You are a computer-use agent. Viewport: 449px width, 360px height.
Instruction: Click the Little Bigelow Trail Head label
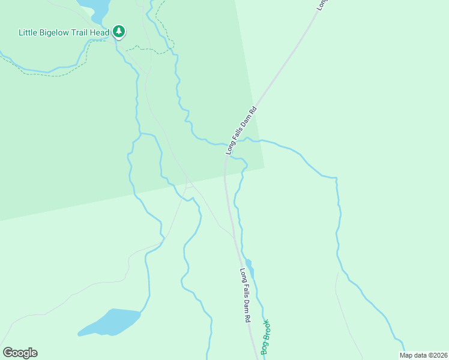(x=64, y=32)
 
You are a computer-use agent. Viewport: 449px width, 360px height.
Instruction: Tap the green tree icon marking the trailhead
(x=119, y=31)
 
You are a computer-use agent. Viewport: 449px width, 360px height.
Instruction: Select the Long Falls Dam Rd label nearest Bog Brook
(x=245, y=296)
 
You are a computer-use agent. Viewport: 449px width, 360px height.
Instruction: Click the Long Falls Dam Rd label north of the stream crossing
(x=241, y=130)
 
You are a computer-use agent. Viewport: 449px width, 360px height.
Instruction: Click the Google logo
(x=20, y=353)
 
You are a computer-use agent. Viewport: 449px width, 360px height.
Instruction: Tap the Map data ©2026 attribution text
(x=423, y=355)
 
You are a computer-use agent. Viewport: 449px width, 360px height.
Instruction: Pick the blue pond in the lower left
(x=111, y=322)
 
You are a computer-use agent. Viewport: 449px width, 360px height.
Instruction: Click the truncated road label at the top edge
(x=322, y=5)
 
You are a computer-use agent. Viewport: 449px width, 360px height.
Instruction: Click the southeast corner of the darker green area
(x=264, y=167)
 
